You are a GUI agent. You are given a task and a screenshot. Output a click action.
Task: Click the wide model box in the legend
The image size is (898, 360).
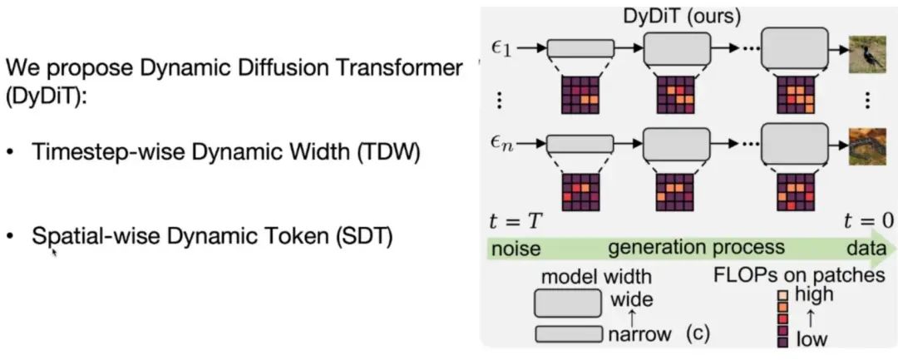[569, 302]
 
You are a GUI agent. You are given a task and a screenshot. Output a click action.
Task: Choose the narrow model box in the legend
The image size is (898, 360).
[569, 334]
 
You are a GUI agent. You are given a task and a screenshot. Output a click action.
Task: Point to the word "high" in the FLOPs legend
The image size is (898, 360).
[814, 295]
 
